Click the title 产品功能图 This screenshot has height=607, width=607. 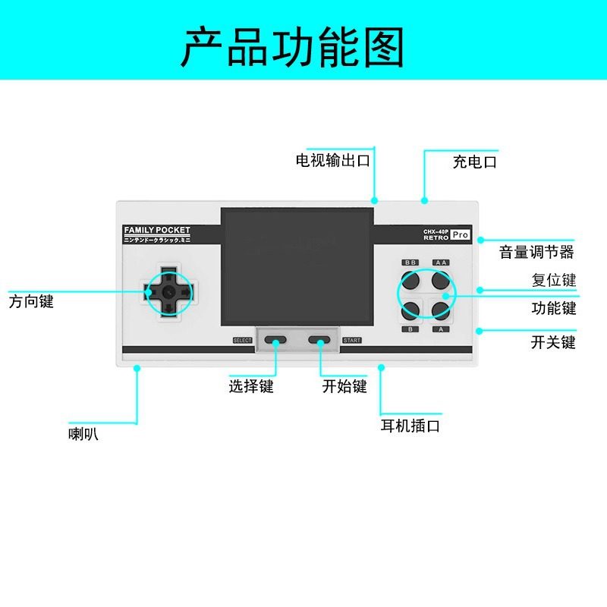292,46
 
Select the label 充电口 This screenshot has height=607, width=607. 474,162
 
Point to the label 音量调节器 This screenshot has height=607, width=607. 536,252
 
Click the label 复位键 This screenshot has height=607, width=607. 554,280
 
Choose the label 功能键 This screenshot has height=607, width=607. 554,308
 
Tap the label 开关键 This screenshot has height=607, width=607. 554,342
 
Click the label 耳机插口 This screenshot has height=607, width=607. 410,426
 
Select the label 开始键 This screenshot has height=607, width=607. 344,386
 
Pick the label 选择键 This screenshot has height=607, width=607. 251,386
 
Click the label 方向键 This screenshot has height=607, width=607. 31,301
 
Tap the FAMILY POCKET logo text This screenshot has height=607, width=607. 157,230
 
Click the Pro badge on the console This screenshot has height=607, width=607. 461,235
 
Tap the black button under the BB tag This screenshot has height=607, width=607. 410,281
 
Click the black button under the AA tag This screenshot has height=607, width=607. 441,281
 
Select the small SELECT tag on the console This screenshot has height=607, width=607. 243,340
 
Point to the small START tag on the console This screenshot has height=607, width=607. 352,340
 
